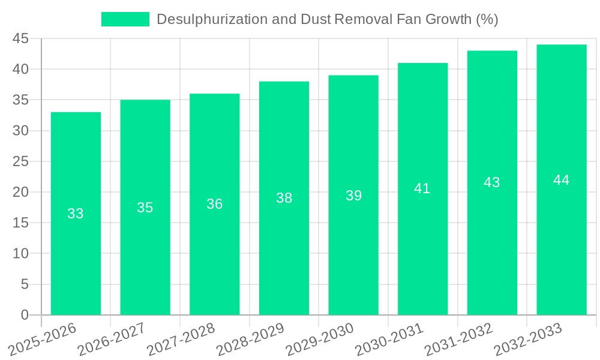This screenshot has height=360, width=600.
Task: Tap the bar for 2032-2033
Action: [x=562, y=252]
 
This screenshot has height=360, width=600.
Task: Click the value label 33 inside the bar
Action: [x=76, y=214]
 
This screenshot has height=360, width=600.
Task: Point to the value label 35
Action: [x=145, y=208]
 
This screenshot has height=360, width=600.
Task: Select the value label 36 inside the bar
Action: [x=215, y=204]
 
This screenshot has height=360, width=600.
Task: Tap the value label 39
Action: [x=353, y=196]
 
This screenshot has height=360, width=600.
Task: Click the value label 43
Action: [x=492, y=182]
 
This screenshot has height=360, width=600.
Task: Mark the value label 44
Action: [x=562, y=180]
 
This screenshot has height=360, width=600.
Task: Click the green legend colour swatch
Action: [x=125, y=19]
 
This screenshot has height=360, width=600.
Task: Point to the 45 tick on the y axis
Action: [x=20, y=39]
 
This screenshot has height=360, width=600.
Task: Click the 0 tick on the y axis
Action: [x=25, y=315]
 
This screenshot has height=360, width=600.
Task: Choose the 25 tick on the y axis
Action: [x=20, y=161]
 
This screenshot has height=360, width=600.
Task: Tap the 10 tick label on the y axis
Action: [x=20, y=254]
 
